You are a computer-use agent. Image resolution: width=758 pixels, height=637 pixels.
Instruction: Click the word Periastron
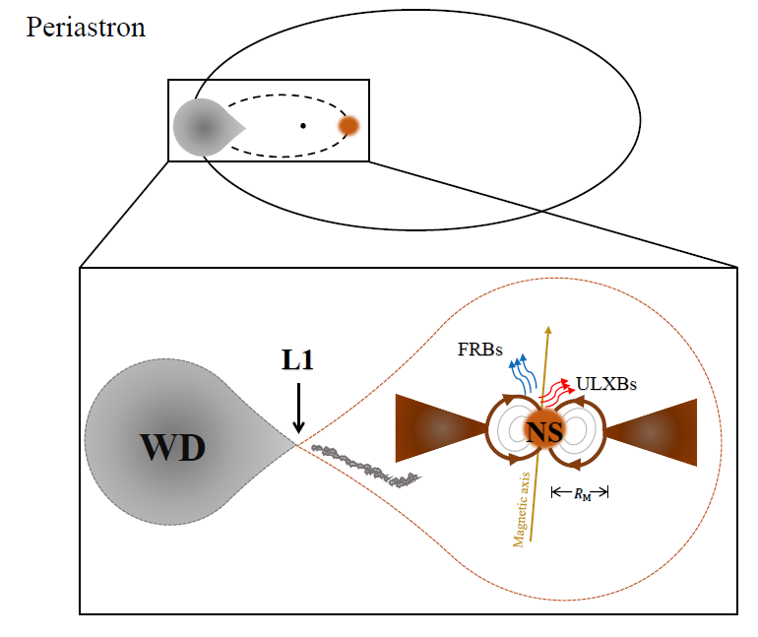click(x=86, y=27)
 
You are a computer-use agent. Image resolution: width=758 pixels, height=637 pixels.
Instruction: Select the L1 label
click(x=298, y=361)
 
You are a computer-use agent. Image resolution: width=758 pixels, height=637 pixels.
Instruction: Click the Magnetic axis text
click(x=525, y=508)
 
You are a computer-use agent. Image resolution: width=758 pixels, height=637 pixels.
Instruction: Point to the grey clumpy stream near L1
click(x=364, y=466)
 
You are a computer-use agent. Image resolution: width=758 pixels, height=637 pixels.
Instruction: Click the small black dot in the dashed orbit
click(x=303, y=126)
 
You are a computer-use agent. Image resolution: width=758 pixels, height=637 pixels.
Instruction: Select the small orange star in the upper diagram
click(x=348, y=126)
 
